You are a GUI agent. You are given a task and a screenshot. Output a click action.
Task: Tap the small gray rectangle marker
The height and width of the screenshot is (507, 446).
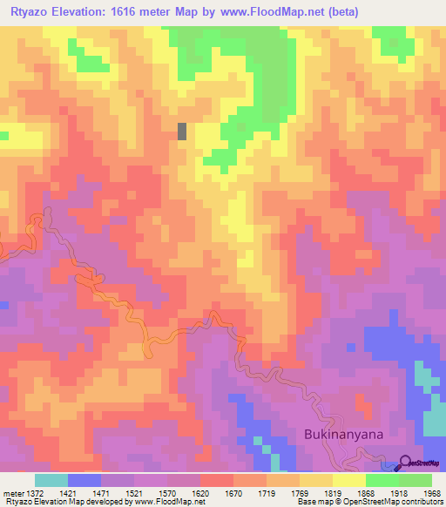tap(182, 131)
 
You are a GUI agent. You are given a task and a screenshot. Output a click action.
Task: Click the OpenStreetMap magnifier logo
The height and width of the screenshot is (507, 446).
tap(406, 463)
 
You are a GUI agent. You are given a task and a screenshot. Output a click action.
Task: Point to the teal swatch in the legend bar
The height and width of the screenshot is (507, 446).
tap(51, 480)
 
